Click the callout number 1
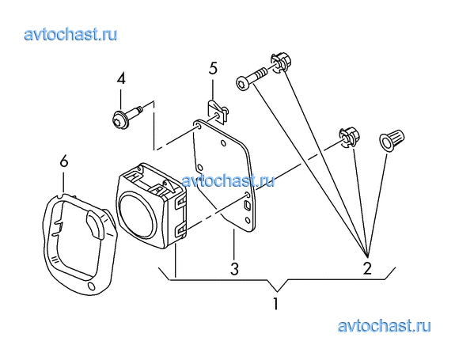(x=275, y=304)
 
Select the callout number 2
(x=367, y=268)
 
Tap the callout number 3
(x=234, y=269)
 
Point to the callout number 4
(x=121, y=78)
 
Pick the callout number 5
(x=213, y=68)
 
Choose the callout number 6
(x=64, y=161)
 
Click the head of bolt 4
(x=119, y=119)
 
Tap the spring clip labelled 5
(x=218, y=112)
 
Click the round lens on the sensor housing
(x=137, y=214)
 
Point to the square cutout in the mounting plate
(x=247, y=206)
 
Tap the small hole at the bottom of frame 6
(x=91, y=286)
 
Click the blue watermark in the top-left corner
(x=70, y=35)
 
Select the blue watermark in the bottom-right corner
(x=385, y=326)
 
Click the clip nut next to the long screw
(x=281, y=63)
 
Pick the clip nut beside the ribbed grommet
(x=350, y=137)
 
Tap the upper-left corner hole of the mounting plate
(x=199, y=126)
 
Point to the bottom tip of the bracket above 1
(x=277, y=291)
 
